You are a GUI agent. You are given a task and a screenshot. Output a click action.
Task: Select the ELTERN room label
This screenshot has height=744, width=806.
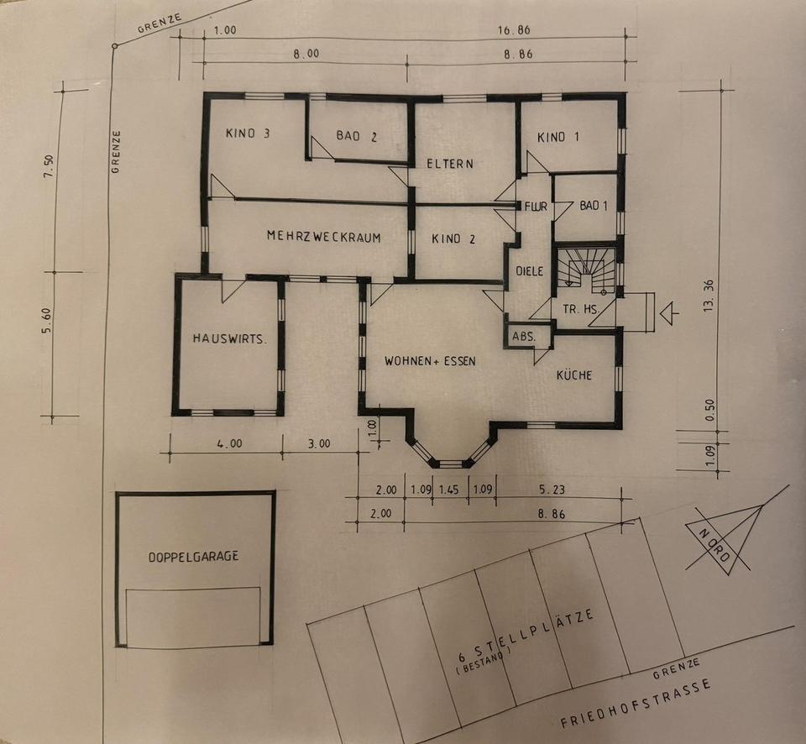[x=450, y=164]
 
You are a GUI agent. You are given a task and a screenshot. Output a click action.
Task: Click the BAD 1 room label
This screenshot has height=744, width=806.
[x=594, y=206]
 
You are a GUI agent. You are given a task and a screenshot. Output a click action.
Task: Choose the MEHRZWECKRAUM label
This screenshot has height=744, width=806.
[x=323, y=238]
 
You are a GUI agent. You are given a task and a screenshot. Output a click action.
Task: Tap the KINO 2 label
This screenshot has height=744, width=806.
[x=453, y=239]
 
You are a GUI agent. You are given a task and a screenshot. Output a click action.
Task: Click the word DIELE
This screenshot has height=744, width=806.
[x=529, y=271]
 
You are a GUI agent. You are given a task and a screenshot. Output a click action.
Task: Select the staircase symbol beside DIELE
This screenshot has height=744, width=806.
[x=584, y=270]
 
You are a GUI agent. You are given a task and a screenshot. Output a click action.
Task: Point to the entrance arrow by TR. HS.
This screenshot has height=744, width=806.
[x=669, y=314]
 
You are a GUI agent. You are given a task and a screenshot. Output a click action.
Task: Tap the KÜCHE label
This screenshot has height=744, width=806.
[x=574, y=375]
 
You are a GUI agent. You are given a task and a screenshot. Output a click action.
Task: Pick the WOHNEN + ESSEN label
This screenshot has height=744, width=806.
[x=430, y=361]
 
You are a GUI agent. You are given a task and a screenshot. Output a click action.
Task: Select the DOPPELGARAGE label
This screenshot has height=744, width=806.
[x=194, y=556]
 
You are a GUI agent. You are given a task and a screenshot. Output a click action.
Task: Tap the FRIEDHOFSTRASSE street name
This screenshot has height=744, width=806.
[x=636, y=704]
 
